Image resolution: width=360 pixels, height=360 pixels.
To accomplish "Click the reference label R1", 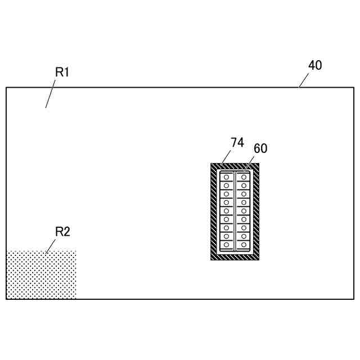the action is (62, 72).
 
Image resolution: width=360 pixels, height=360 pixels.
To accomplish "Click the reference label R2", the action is (62, 232).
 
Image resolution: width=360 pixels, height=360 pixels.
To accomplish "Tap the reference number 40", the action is (315, 65).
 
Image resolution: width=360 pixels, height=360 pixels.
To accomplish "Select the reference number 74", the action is (237, 143).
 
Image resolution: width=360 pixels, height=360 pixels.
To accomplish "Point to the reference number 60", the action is (260, 149).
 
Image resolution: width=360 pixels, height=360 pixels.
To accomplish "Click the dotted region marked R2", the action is (40, 275).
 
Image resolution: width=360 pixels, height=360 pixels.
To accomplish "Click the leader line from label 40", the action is (304, 80).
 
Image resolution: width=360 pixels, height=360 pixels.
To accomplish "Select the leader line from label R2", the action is (51, 245).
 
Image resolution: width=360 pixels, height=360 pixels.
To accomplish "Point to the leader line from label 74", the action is (226, 157).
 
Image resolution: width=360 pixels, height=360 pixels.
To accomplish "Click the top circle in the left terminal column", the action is (226, 177).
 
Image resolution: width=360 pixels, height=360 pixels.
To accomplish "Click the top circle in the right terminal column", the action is (244, 177).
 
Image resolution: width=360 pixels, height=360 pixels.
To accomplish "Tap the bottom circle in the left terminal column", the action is (226, 245).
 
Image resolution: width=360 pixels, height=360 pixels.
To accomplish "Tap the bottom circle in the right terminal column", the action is (244, 245).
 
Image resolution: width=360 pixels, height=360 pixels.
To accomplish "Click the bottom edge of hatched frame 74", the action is (235, 257).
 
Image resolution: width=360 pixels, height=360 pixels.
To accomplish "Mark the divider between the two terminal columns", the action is (235, 211).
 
